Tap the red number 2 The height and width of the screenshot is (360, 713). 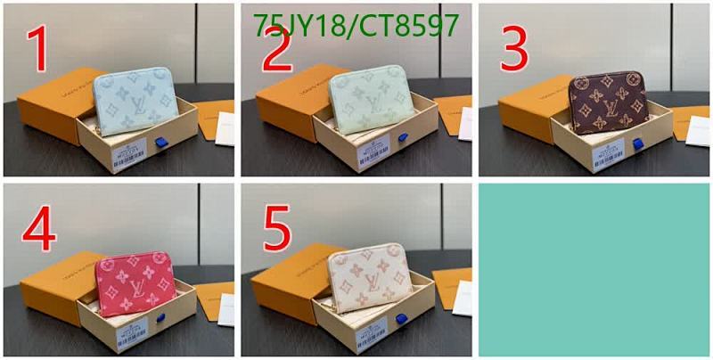click(x=276, y=52)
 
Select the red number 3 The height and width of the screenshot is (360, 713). click(x=515, y=51)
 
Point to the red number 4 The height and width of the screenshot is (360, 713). click(x=38, y=229)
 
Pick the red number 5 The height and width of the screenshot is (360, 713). click(x=277, y=230)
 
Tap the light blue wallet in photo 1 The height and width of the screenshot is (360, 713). click(x=134, y=102)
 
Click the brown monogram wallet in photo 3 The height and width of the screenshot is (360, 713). click(x=610, y=103)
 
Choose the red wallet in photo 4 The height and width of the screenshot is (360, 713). click(x=134, y=282)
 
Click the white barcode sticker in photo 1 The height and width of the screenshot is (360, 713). click(x=130, y=156)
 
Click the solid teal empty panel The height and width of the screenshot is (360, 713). click(x=594, y=269)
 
